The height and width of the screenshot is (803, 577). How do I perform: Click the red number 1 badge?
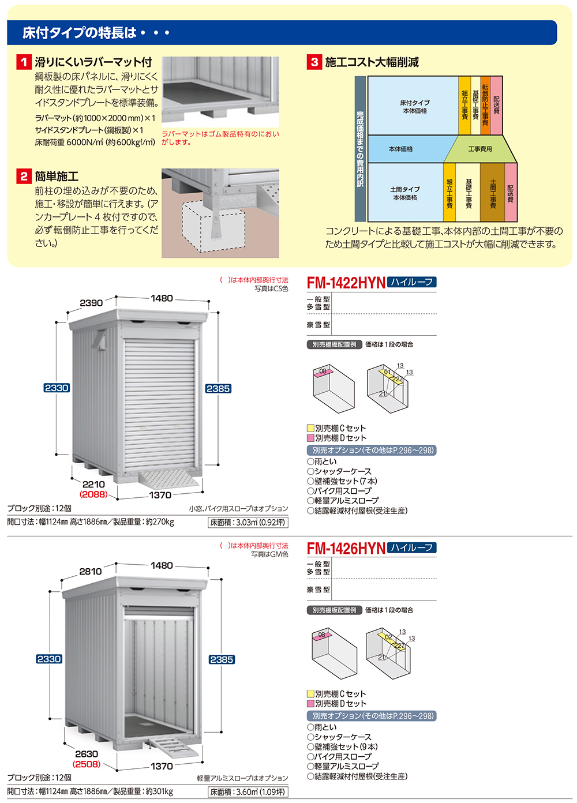coord(24,62)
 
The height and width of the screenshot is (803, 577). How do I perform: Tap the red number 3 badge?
coord(314,62)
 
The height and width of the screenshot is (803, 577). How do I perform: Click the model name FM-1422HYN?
coord(346,283)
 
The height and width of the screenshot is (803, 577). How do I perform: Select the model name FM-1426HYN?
coord(346,549)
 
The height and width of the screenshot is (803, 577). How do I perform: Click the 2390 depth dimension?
coord(91,303)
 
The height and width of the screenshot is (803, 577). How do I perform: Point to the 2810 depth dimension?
coord(91,572)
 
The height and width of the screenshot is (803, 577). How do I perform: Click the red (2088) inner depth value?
coord(93,494)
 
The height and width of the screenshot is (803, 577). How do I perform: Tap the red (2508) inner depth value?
coord(87,764)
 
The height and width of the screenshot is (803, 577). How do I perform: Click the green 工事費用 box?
coord(480,149)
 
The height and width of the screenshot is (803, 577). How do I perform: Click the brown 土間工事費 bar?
coord(492,192)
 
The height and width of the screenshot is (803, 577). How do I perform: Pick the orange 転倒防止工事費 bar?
coord(485,106)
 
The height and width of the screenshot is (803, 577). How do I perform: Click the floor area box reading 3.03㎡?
coord(248,522)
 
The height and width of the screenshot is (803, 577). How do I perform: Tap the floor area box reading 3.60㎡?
coord(248,792)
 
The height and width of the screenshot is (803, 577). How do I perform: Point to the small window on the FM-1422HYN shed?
coord(99,340)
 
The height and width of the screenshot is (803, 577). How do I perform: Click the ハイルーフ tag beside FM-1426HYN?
coord(411,548)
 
